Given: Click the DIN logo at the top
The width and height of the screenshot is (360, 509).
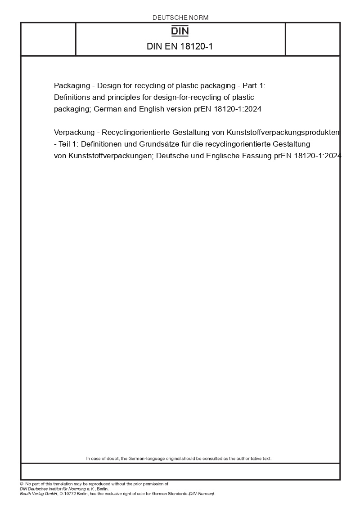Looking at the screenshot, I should point(180,31).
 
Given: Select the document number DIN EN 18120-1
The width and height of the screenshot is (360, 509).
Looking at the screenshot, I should point(180,46).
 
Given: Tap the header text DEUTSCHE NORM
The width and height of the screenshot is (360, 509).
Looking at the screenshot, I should point(180,18).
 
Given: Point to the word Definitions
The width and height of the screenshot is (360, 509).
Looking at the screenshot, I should point(72,97).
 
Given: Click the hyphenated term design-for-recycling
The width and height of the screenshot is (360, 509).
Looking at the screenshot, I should point(196,97).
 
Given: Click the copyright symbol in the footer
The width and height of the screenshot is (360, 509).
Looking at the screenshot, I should point(22,484).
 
